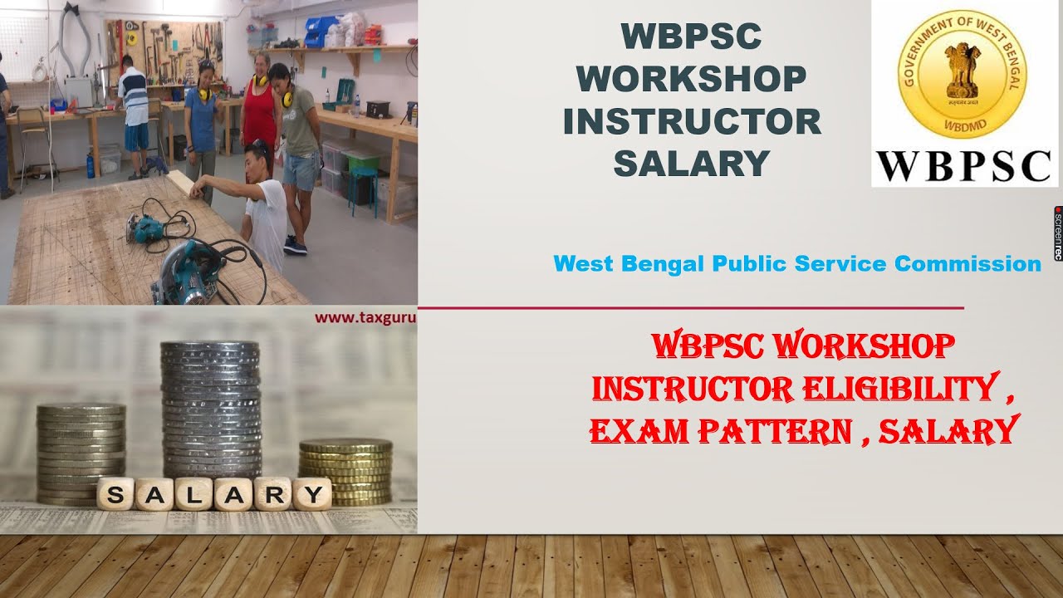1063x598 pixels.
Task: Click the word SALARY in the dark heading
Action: coord(691,163)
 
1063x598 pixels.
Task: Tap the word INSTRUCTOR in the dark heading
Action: coord(691,121)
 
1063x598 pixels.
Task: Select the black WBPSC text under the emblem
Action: coord(964,165)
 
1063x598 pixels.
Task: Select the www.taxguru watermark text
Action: coord(365,316)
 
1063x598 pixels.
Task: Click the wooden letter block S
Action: coord(115,496)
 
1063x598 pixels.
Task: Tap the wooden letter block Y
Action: coord(311,495)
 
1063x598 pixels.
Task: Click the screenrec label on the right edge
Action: coord(1058,233)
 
